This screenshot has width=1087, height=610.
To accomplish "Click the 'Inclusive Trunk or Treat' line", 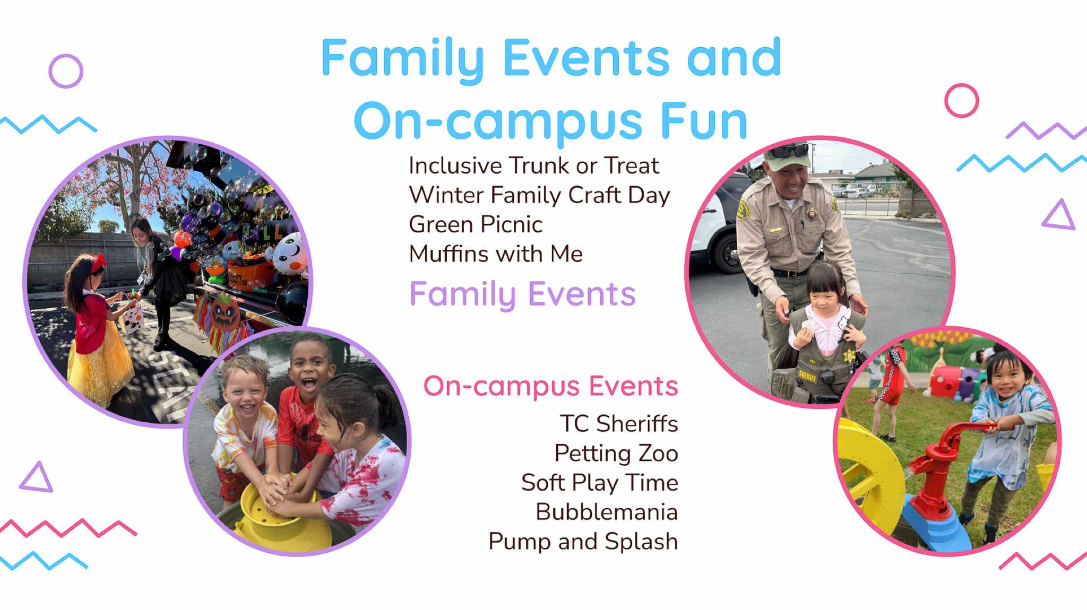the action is (x=533, y=166).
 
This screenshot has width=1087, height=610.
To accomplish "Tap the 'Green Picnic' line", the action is (x=476, y=225).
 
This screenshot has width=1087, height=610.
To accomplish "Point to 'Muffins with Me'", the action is (x=496, y=254).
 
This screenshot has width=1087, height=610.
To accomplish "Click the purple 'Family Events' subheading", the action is (x=522, y=295).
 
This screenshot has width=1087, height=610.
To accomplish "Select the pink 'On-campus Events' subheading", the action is (x=550, y=386).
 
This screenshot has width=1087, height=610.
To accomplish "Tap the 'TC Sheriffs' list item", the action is (x=619, y=424).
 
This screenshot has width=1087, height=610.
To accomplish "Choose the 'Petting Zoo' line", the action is (x=616, y=454).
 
